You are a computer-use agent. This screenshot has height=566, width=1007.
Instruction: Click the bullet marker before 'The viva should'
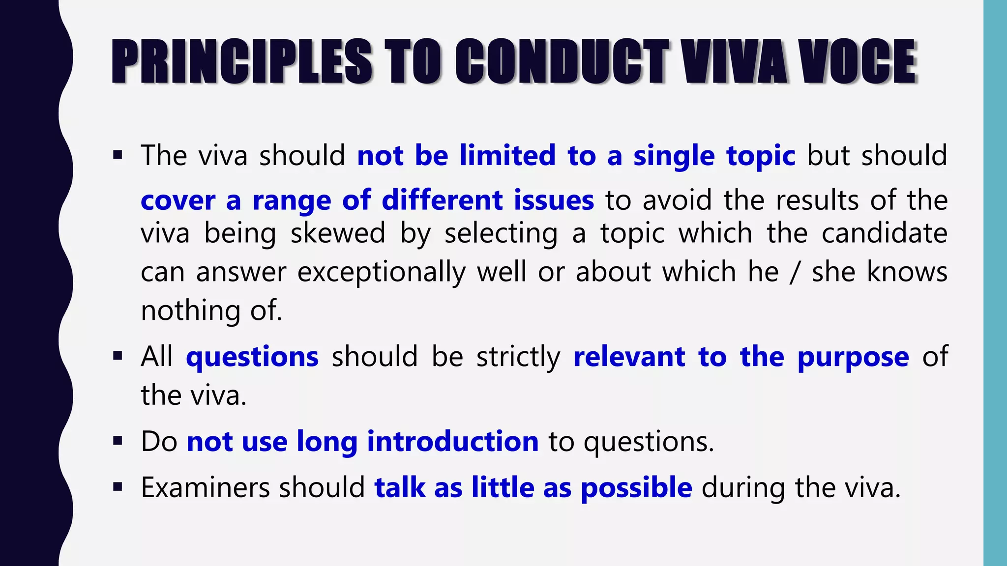click(x=117, y=156)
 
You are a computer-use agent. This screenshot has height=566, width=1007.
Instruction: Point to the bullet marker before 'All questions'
click(x=117, y=356)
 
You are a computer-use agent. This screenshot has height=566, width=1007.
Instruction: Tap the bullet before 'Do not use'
click(x=117, y=441)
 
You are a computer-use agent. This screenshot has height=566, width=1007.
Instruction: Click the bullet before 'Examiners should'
click(x=117, y=487)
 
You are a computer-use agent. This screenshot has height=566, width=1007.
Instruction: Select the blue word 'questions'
click(x=252, y=357)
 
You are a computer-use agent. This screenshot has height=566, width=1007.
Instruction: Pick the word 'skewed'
click(x=338, y=233)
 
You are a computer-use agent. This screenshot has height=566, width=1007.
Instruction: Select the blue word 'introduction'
click(x=453, y=441)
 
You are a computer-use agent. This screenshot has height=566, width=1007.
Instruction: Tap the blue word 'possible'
click(x=636, y=488)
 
